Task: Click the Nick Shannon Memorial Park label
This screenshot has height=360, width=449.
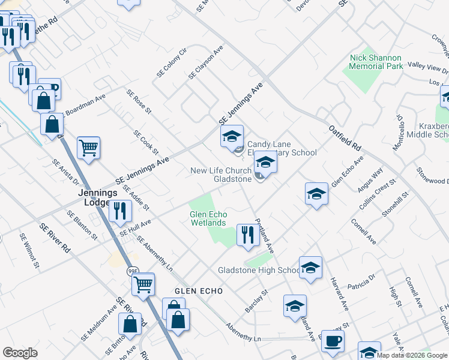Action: [x=376, y=62]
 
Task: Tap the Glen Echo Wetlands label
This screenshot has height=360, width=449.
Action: [x=208, y=218]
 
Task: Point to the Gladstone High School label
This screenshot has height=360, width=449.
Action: [x=259, y=271]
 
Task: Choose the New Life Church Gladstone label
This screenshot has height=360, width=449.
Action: [x=221, y=175]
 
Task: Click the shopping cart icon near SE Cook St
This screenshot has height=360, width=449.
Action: [x=88, y=147]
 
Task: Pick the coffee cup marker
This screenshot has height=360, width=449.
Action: [x=332, y=340]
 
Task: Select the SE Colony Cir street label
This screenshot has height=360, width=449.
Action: [x=172, y=62]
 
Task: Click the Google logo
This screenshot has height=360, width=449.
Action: [x=20, y=353]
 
